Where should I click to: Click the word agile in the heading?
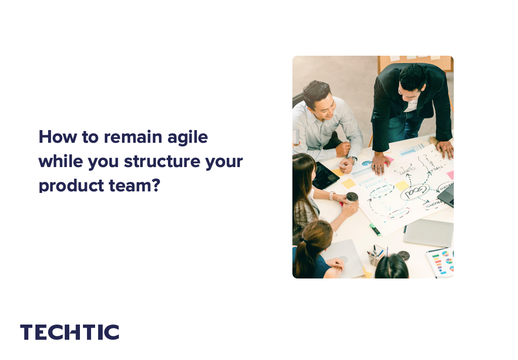click(187, 138)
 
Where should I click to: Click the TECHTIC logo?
click(70, 332)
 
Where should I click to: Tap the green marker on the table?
click(374, 229)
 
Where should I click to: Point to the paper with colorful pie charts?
click(440, 261)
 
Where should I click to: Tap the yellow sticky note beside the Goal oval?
click(401, 186)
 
